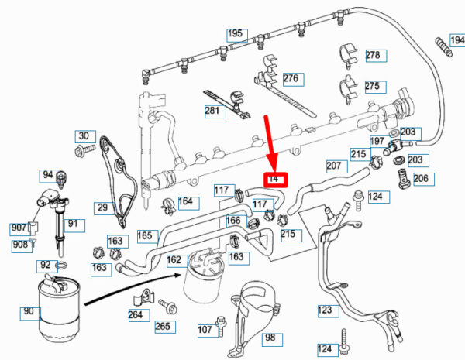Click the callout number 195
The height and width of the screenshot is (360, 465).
pyautogui.click(x=235, y=34)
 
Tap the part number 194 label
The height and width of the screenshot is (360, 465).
pyautogui.click(x=455, y=39)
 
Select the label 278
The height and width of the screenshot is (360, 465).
pyautogui.click(x=373, y=56)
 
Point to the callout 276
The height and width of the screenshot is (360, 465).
pyautogui.click(x=290, y=79)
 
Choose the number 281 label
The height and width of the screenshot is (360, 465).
pyautogui.click(x=212, y=111)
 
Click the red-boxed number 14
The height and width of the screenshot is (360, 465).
pyautogui.click(x=274, y=180)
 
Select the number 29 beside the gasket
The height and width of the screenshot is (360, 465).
pyautogui.click(x=102, y=207)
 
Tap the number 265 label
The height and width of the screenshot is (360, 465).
pyautogui.click(x=162, y=327)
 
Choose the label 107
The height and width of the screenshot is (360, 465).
pyautogui.click(x=205, y=331)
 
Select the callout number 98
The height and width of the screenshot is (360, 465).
pyautogui.click(x=270, y=338)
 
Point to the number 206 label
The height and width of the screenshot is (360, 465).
pyautogui.click(x=420, y=179)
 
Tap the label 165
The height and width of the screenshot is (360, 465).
pyautogui.click(x=145, y=235)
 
